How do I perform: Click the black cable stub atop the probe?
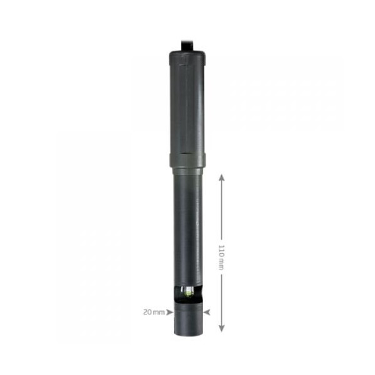coord(187,46)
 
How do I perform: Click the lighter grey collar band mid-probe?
coord(187,161)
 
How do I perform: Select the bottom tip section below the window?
coord(189,319)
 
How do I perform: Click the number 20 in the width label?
coord(147,312)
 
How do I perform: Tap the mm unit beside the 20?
coord(159,312)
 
